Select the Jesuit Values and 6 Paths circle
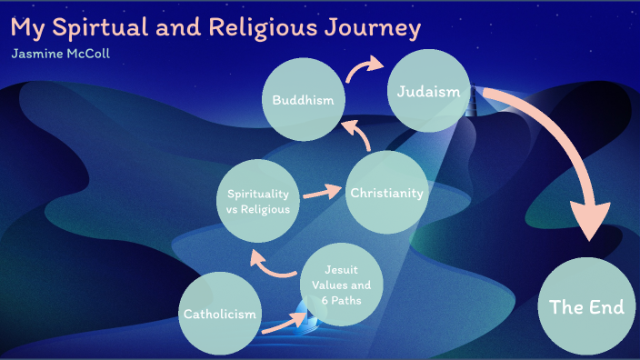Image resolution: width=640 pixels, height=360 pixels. (341, 284)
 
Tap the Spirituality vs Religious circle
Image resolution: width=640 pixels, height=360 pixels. (258, 201)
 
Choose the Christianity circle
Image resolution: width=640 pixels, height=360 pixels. (385, 193)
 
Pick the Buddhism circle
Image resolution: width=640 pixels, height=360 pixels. (304, 99)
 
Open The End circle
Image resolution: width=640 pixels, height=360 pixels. (586, 306)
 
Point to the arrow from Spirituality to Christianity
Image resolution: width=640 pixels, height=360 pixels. (320, 193)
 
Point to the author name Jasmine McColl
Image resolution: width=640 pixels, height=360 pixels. (61, 53)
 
